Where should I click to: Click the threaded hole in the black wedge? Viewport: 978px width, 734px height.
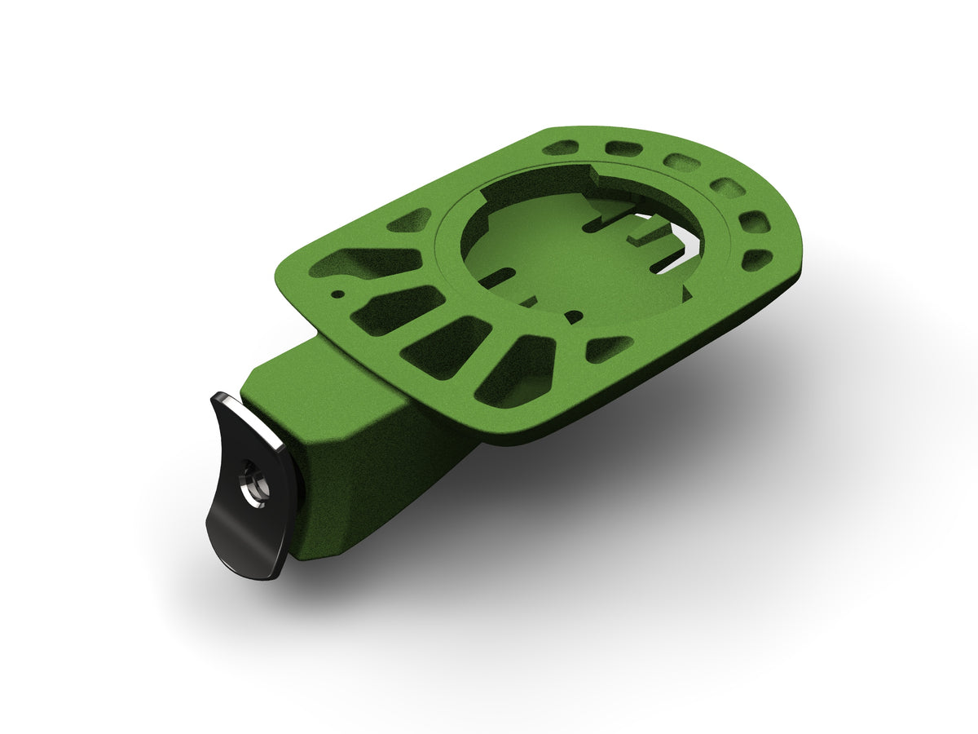[x=249, y=484]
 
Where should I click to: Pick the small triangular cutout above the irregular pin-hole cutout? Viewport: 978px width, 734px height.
[x=411, y=220]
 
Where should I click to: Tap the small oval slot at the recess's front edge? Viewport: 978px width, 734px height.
[x=574, y=316]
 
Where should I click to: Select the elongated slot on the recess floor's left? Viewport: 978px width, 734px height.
[x=492, y=278]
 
